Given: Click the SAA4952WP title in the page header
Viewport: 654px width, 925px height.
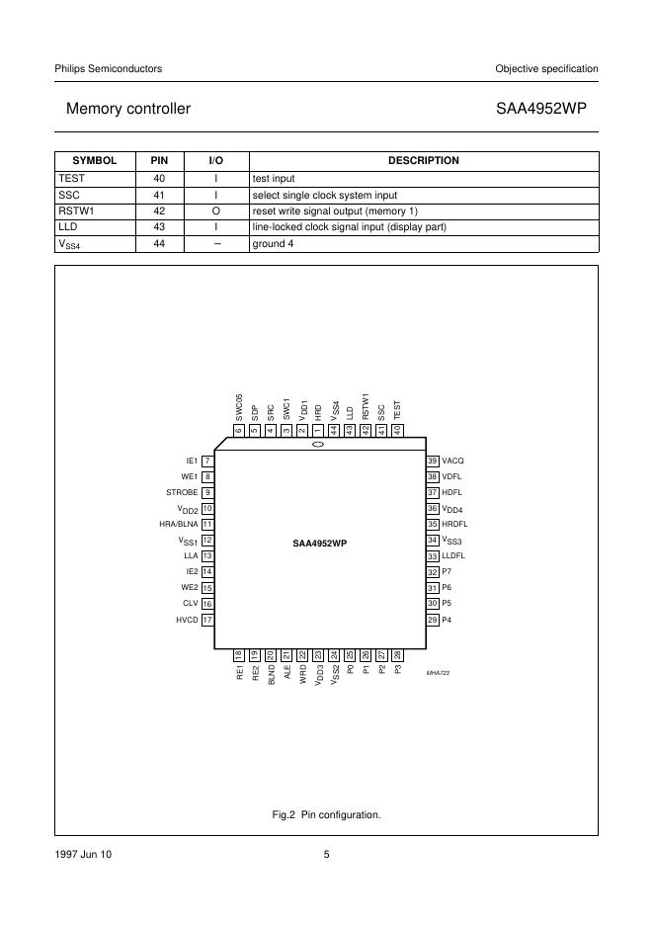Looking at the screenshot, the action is [546, 109].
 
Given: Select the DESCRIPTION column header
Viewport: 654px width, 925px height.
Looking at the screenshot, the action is [423, 160].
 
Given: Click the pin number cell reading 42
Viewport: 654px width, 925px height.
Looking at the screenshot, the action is [159, 210].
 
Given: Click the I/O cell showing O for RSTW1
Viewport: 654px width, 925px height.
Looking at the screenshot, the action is [215, 210].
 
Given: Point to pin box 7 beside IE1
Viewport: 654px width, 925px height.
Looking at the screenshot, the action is [207, 461].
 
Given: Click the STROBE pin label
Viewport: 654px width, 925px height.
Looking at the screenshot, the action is [183, 492].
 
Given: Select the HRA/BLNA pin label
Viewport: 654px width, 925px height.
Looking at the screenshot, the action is [179, 524].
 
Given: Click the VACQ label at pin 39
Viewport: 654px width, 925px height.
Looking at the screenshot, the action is [453, 461].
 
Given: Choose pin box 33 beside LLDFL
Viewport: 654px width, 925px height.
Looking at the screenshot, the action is [433, 555].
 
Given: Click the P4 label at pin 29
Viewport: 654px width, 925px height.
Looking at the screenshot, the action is [447, 619].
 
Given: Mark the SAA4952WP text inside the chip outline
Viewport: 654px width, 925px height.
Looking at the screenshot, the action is [319, 543].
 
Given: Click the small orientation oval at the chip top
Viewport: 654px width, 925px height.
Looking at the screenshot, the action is [318, 446].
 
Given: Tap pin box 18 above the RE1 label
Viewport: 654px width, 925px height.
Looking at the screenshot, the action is [239, 654].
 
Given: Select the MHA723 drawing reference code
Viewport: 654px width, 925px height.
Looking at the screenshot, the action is [438, 672].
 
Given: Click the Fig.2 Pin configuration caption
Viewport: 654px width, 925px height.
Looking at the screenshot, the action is [326, 814].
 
